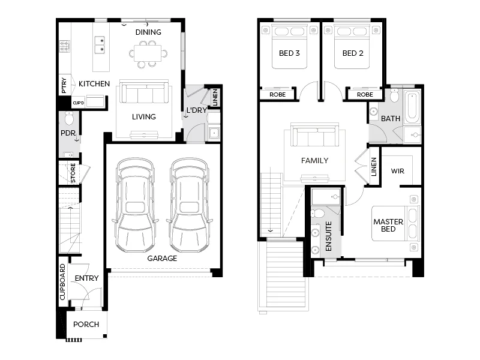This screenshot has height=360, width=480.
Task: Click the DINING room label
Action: (148, 32)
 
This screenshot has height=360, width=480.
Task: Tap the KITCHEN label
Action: (94, 84)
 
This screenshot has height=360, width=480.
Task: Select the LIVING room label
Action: (144, 116)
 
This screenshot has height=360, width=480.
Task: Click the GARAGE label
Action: (162, 259)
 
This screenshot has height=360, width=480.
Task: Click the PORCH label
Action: (86, 325)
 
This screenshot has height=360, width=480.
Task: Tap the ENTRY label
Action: (86, 278)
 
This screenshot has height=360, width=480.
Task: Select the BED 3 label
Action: (289, 53)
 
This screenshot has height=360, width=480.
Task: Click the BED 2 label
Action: (353, 53)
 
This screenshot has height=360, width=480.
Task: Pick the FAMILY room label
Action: (314, 160)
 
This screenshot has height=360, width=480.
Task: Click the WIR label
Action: (398, 171)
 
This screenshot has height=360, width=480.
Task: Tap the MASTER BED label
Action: (388, 226)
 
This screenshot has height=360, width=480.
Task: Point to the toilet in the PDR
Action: (67, 118)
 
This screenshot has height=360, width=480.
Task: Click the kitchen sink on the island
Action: (100, 45)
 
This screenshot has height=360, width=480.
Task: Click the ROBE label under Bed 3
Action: (277, 95)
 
